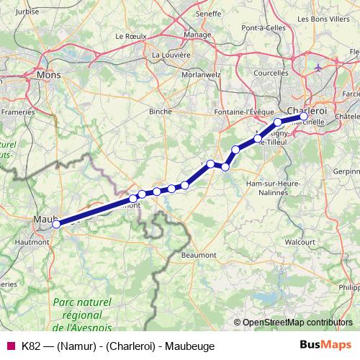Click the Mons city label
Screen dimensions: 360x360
pos(49,74)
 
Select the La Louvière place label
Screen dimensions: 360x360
pos(171,54)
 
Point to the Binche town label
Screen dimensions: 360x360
pos(160,112)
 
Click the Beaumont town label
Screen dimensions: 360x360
pos(199,255)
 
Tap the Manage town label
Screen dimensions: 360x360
pos(197,34)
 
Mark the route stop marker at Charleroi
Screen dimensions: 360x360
pos(304,116)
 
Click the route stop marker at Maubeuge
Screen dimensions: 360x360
pos(56,223)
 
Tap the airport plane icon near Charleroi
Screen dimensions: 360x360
pos(320,68)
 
